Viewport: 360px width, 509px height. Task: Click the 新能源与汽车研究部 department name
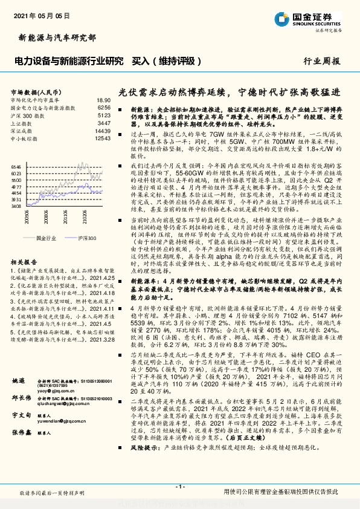(x=54, y=37)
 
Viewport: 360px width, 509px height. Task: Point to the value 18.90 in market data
(x=104, y=100)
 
